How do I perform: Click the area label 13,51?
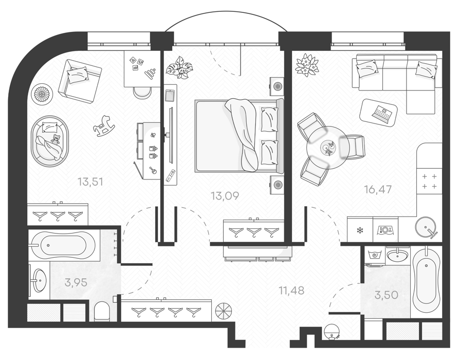click(90, 182)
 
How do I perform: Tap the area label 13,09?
click(225, 196)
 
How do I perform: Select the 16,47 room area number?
click(378, 189)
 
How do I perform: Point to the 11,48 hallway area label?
click(291, 291)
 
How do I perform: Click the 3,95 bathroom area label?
click(76, 282)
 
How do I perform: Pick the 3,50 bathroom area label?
click(387, 295)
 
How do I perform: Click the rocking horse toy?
click(104, 126)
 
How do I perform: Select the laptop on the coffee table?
click(382, 113)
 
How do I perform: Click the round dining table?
click(327, 147)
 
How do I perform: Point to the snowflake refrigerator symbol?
click(360, 230)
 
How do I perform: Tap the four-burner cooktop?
click(429, 182)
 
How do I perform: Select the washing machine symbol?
click(375, 256)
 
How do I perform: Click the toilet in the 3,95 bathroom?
click(102, 311)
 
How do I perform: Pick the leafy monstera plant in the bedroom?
click(179, 67)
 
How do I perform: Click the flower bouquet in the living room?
click(306, 65)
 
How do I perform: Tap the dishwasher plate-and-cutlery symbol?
click(386, 230)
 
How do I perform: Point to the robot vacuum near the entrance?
click(332, 332)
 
